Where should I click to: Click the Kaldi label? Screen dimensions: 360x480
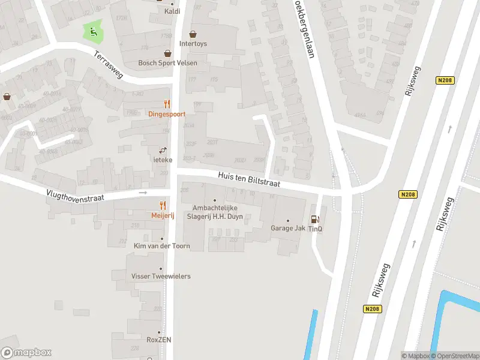[x=173, y=11]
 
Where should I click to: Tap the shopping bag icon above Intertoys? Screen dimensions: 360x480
[x=193, y=34]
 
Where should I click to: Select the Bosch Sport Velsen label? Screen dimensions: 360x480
[x=167, y=63]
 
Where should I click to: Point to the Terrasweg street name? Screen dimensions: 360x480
[x=109, y=64]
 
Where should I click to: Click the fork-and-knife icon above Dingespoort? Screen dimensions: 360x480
[x=167, y=104]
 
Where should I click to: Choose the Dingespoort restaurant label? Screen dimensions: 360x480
[x=167, y=114]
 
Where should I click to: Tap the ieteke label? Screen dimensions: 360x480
[x=162, y=160]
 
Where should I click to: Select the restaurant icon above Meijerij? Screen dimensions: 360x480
[x=163, y=206]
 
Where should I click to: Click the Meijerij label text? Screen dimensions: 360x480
[x=163, y=216]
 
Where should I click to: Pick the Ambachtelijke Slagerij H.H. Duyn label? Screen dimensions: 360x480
[x=215, y=212]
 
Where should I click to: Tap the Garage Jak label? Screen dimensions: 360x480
[x=287, y=228]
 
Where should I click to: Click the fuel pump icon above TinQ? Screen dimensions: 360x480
[x=315, y=220]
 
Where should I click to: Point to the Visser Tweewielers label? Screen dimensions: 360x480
[x=161, y=276]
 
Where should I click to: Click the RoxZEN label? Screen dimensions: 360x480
[x=160, y=340]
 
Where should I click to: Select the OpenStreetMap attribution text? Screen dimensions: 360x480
[x=455, y=356]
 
